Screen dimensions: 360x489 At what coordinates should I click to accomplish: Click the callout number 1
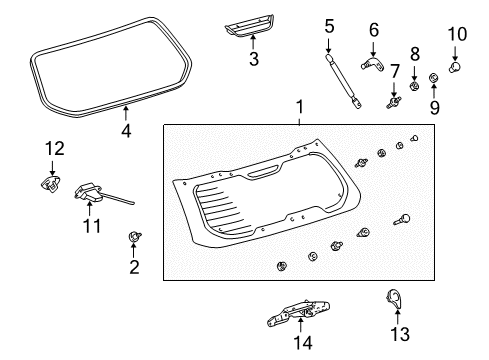point(296,107)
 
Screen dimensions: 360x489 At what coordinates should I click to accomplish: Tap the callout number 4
point(125,130)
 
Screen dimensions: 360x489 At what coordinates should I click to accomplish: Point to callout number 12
point(54,148)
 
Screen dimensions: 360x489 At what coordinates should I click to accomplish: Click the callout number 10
point(457,35)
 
